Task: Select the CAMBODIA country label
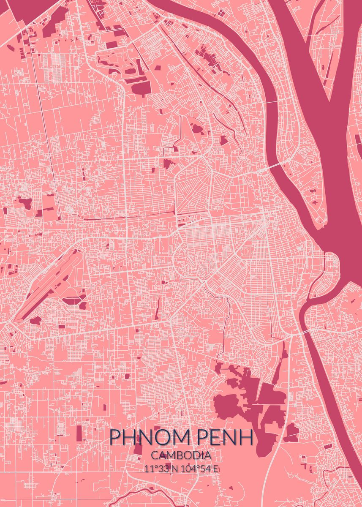click(181, 455)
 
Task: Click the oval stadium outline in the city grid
click(246, 252)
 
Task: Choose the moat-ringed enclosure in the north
click(120, 63)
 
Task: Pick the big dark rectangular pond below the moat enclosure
click(141, 87)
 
